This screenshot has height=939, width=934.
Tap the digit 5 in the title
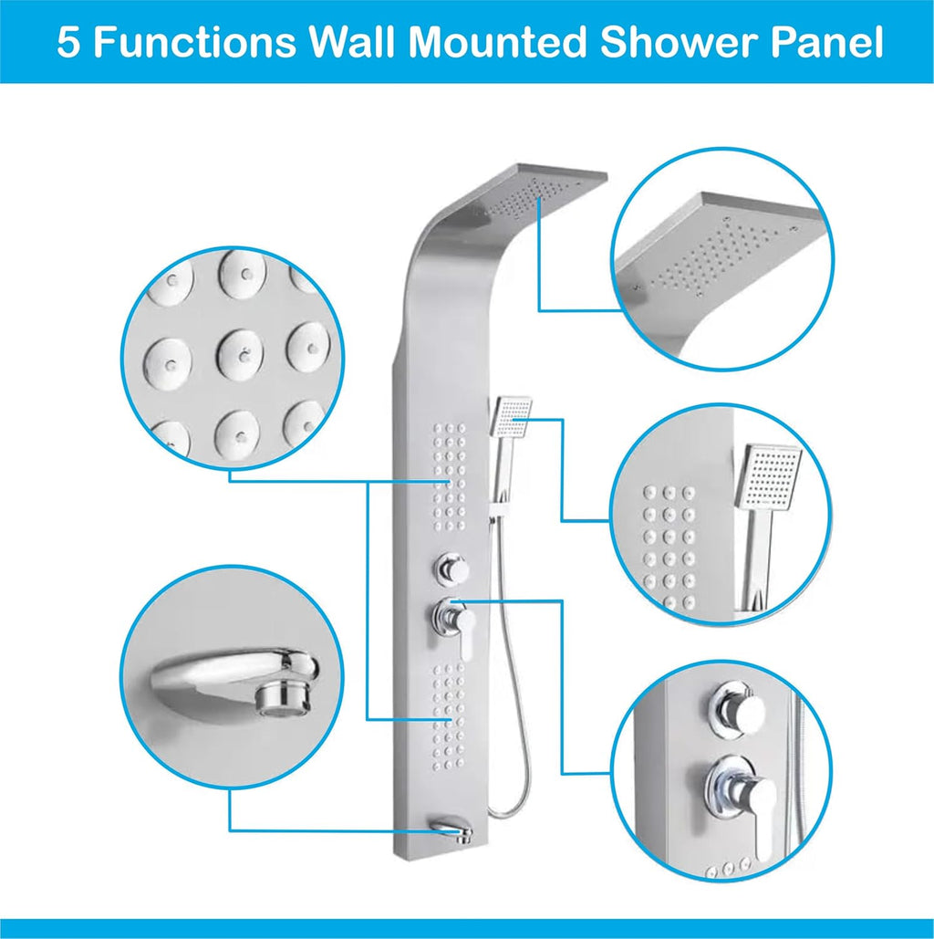(x=69, y=42)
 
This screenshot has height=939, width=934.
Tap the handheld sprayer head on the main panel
(x=511, y=415)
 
